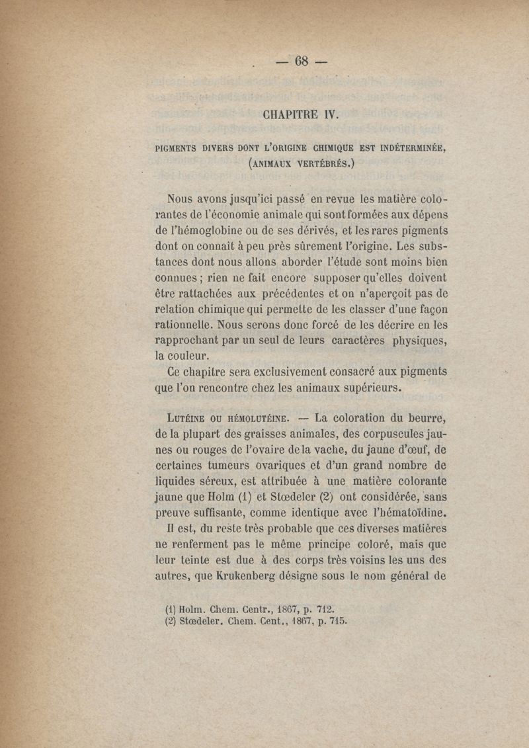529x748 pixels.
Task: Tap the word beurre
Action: (x=425, y=418)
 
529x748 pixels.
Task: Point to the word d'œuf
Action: (x=404, y=450)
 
